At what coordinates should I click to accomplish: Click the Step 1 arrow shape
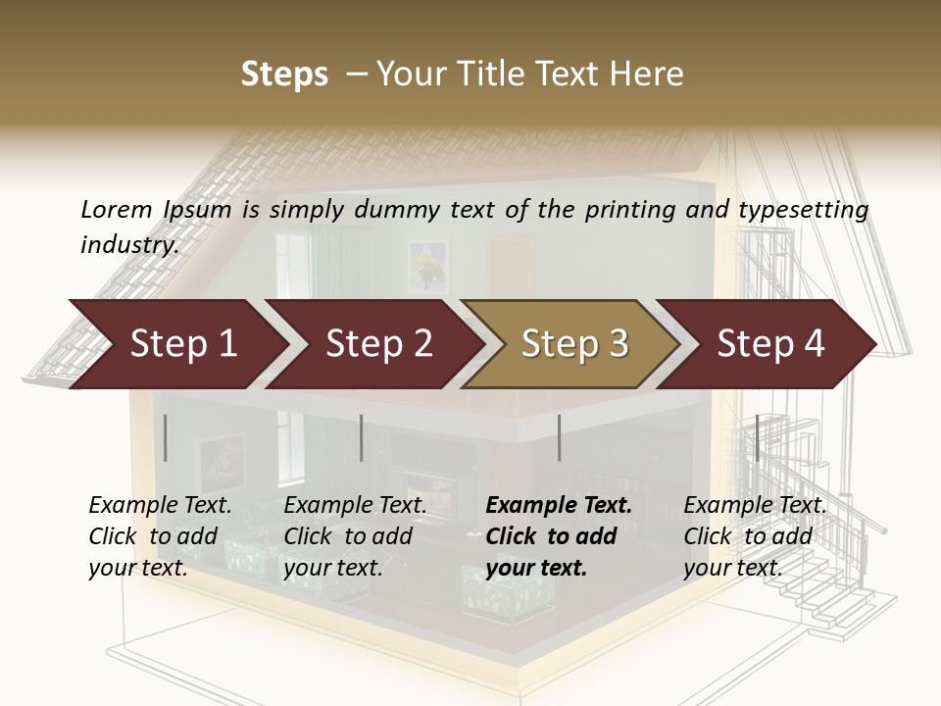click(x=176, y=344)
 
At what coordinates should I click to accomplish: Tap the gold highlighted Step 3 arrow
click(x=573, y=344)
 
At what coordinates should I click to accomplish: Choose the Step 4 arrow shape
click(x=769, y=344)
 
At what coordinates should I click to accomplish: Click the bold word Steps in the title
click(x=284, y=75)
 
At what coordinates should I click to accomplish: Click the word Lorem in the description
click(x=116, y=210)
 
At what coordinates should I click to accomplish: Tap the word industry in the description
click(x=128, y=244)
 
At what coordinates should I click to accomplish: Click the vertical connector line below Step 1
click(x=166, y=437)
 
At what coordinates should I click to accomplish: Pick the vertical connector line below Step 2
click(x=362, y=437)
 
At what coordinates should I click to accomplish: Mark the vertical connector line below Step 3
click(x=559, y=437)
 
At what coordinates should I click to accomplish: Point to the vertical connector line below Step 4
click(x=757, y=437)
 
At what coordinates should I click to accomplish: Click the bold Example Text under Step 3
click(x=559, y=506)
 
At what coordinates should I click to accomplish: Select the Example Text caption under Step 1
click(x=160, y=506)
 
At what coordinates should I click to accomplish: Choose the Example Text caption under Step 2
click(x=355, y=506)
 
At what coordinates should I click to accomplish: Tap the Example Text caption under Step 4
click(x=755, y=506)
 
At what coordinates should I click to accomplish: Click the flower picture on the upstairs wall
click(x=427, y=265)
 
